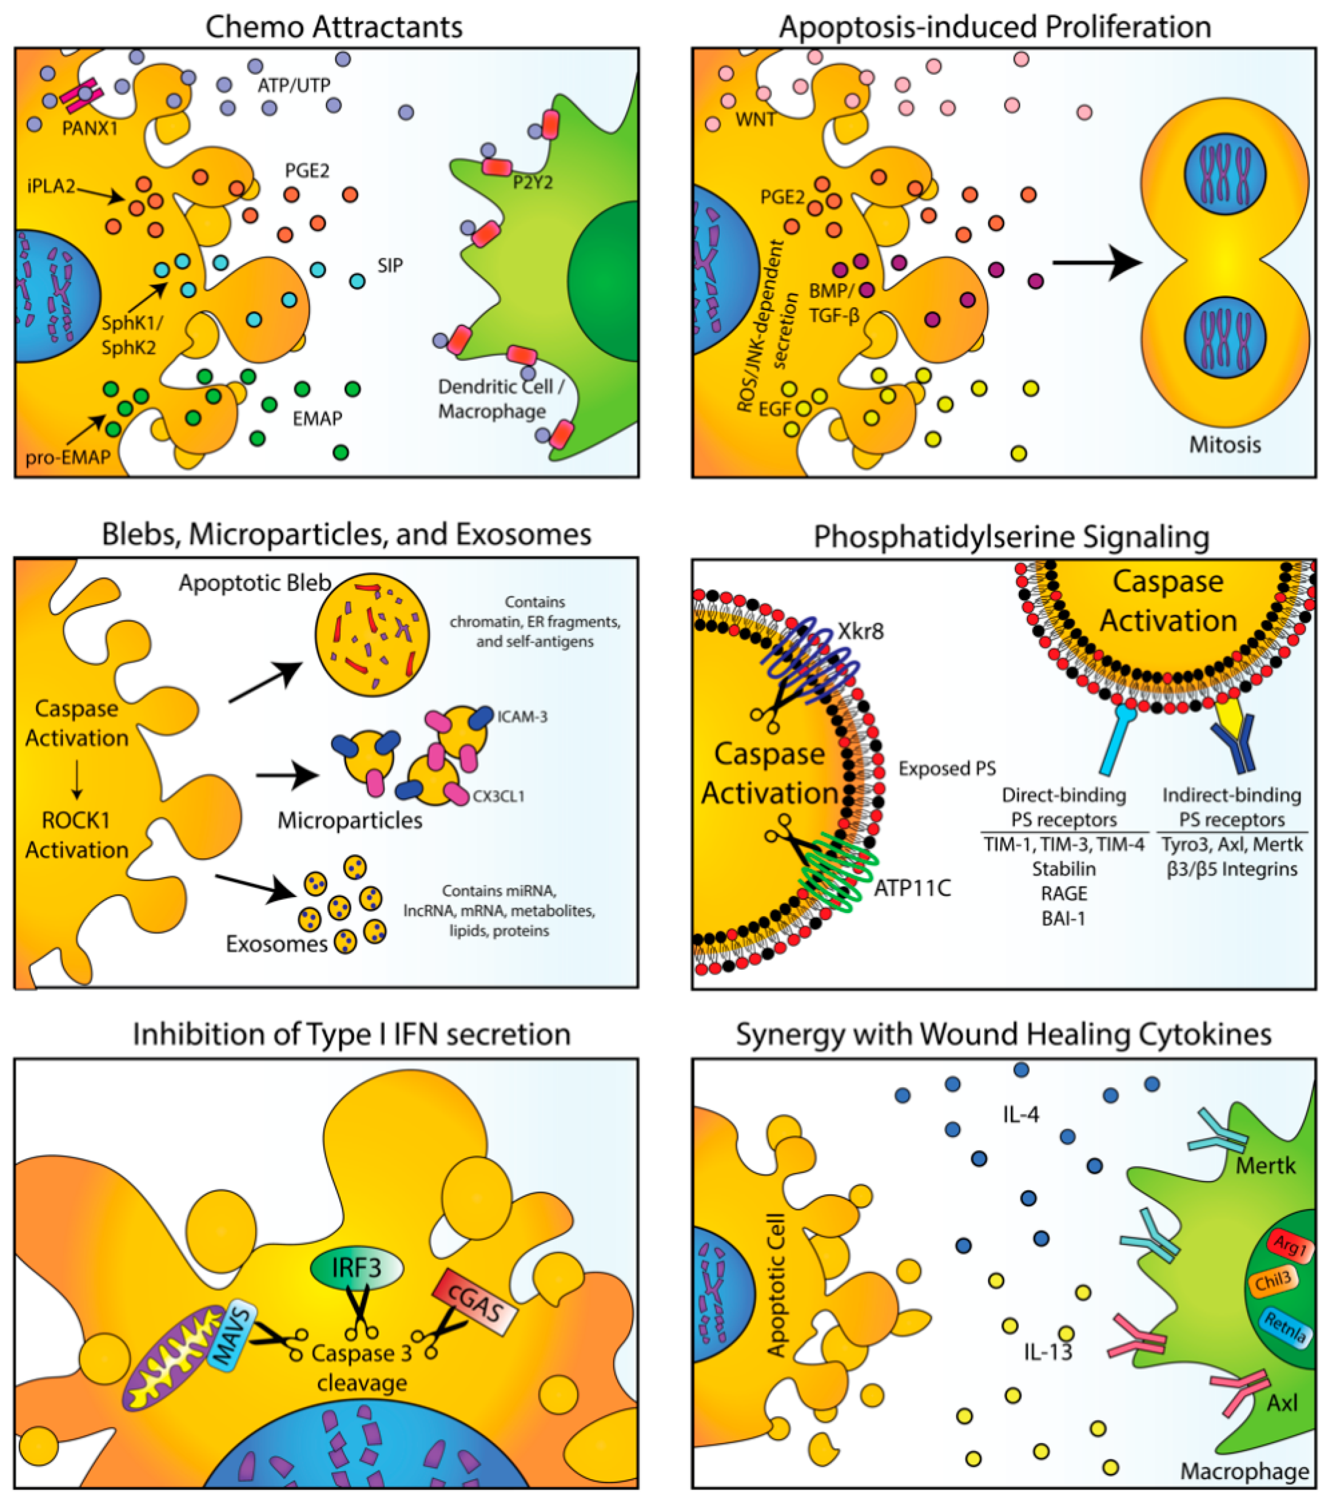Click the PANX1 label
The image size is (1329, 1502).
click(90, 128)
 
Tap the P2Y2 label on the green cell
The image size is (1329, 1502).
click(532, 182)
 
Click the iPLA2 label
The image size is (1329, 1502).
click(51, 186)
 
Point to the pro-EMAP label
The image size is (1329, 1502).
click(68, 457)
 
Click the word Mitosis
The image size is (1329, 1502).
click(1225, 445)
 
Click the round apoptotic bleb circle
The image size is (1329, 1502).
click(372, 635)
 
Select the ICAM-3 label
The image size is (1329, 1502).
click(522, 716)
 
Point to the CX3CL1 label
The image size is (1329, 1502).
click(498, 796)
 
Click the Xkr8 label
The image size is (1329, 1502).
click(861, 631)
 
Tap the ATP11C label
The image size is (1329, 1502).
click(912, 888)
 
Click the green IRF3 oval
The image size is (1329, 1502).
click(356, 1267)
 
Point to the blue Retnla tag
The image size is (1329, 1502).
click(1285, 1325)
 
